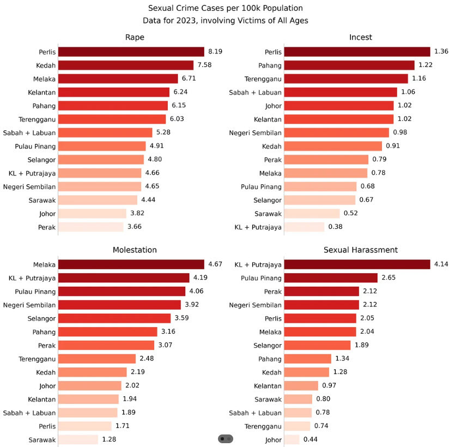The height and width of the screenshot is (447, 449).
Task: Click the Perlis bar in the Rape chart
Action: [x=131, y=52]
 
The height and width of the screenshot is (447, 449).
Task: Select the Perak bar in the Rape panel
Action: [x=91, y=227]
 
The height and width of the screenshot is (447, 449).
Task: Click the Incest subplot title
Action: [x=360, y=37]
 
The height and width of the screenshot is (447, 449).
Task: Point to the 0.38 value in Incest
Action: [x=335, y=227]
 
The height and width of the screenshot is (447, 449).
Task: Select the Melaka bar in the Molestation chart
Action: [x=131, y=264]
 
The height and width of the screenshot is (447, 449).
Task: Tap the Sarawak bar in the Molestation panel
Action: [x=78, y=439]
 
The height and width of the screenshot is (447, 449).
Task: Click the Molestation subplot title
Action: [x=135, y=250]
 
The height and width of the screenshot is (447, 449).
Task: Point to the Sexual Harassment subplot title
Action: [x=360, y=250]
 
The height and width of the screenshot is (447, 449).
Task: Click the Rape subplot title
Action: [x=135, y=37]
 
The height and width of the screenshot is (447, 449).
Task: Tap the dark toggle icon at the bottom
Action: [x=226, y=439]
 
